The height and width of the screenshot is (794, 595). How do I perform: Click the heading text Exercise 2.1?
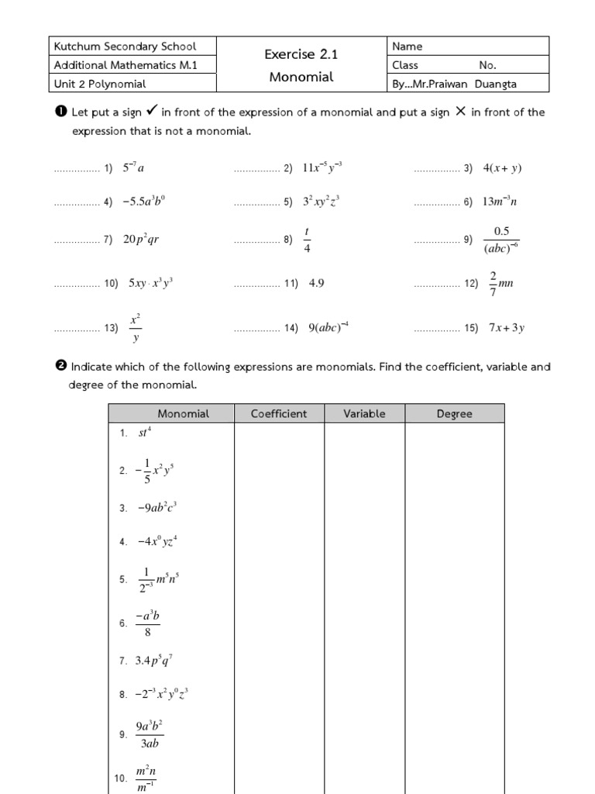pyautogui.click(x=301, y=54)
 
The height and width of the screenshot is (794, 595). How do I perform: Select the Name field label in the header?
pyautogui.click(x=408, y=47)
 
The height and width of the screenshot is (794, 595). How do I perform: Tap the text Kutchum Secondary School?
pyautogui.click(x=125, y=47)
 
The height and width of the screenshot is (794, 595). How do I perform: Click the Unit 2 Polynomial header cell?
pyautogui.click(x=100, y=84)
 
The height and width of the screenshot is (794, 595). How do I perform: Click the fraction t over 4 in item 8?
pyautogui.click(x=307, y=240)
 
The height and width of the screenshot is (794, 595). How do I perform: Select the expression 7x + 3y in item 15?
pyautogui.click(x=507, y=328)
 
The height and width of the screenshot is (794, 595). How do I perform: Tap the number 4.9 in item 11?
pyautogui.click(x=316, y=284)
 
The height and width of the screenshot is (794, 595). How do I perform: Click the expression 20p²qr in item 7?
pyautogui.click(x=141, y=240)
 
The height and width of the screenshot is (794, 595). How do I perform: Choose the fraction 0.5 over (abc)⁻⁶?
pyautogui.click(x=500, y=240)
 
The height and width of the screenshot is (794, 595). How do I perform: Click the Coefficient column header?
pyautogui.click(x=279, y=414)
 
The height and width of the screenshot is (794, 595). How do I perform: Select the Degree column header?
pyautogui.click(x=454, y=414)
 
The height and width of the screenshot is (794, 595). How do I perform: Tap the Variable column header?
pyautogui.click(x=364, y=414)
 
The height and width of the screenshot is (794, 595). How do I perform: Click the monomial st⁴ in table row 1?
pyautogui.click(x=145, y=433)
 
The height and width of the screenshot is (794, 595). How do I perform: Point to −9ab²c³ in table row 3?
pyautogui.click(x=157, y=508)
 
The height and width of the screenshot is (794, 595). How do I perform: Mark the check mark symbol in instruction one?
pyautogui.click(x=152, y=112)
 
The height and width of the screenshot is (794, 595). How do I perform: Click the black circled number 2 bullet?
pyautogui.click(x=61, y=367)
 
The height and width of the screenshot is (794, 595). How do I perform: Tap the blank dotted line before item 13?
pyautogui.click(x=77, y=329)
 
